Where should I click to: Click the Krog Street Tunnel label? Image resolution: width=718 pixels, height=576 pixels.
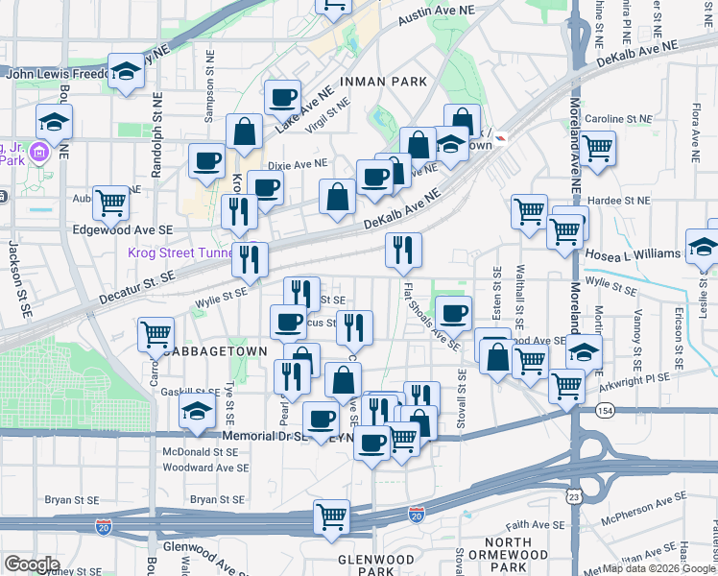coord(182,254)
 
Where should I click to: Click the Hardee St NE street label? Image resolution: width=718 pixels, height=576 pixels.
coord(618,200)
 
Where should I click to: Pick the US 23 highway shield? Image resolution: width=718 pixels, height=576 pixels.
coord(573,496)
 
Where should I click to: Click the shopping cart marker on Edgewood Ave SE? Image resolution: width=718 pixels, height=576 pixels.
coord(111,201)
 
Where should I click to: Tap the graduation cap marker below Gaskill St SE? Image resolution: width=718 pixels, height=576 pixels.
coord(197,413)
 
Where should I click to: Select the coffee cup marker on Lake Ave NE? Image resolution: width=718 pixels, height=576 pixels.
coord(282,96)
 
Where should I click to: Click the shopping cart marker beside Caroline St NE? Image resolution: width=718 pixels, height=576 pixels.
coord(597,148)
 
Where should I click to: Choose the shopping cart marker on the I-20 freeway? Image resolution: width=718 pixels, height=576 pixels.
coord(331,515)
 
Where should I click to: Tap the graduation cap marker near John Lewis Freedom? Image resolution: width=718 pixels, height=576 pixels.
coord(125,71)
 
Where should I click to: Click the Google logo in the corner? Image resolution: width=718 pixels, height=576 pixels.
coord(31,564)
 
